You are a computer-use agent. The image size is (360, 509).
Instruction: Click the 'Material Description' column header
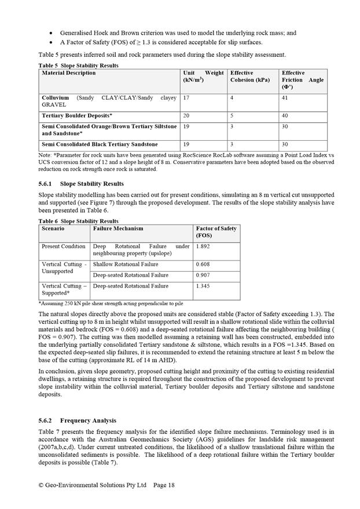(69, 73)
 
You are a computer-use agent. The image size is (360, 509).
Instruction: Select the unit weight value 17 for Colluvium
(186, 98)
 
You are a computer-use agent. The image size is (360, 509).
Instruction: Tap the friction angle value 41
(285, 98)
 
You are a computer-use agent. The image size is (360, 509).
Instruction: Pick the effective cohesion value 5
(232, 116)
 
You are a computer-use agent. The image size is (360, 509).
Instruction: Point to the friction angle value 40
(285, 116)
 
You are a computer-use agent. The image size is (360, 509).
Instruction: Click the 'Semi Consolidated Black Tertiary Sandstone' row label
(100, 144)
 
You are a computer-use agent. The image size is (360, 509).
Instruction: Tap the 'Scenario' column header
(53, 229)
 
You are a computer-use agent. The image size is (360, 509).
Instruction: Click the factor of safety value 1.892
(203, 247)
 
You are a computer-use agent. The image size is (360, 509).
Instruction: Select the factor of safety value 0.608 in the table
(203, 264)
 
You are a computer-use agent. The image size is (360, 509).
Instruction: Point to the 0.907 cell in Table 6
(203, 275)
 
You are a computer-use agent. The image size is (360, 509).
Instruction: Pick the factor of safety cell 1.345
(203, 286)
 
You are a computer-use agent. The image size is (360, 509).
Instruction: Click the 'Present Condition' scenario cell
(63, 247)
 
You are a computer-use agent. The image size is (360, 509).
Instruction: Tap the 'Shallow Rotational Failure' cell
(126, 264)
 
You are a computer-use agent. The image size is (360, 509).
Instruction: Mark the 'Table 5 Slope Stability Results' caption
(78, 65)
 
